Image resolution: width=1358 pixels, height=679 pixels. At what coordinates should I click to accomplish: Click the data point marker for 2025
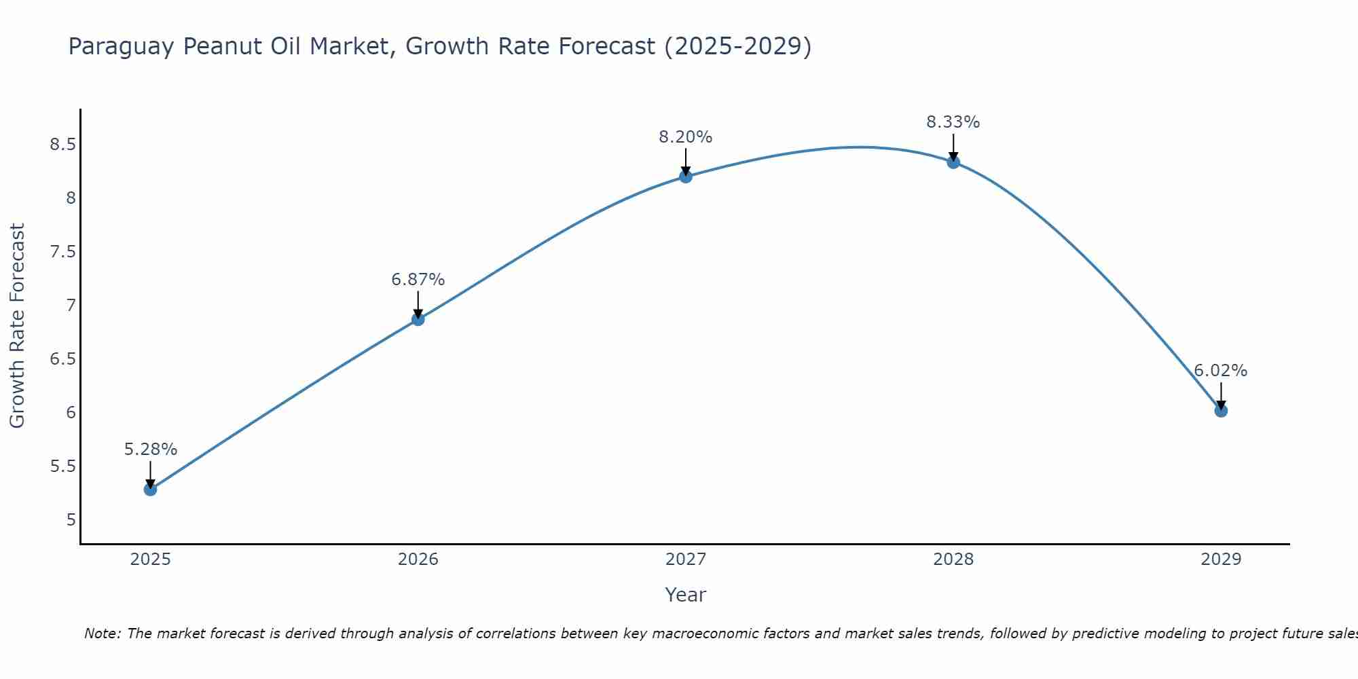[150, 489]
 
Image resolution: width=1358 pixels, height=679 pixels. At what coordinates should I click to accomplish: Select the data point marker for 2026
[418, 319]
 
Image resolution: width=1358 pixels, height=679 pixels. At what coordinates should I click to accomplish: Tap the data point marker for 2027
[685, 177]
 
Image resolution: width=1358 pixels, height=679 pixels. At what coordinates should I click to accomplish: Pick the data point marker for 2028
[953, 162]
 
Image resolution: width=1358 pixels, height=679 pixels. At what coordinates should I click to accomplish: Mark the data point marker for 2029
[1220, 410]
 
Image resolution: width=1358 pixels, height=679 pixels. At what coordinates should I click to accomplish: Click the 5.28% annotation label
[150, 449]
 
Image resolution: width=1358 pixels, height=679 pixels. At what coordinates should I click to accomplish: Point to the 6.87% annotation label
[418, 280]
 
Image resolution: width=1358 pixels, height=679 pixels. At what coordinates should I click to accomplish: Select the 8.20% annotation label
[685, 137]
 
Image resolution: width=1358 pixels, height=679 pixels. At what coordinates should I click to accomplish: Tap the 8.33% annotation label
[953, 122]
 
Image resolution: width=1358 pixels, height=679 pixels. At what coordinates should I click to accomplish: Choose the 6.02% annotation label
[1220, 371]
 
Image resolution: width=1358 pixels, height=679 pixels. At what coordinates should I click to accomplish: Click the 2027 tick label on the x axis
[685, 559]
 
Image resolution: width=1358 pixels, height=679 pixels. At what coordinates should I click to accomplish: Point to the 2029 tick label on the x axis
[1220, 559]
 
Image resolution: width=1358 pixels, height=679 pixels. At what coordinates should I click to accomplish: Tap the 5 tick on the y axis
[71, 520]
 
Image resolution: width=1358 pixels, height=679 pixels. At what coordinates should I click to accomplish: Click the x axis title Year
[685, 595]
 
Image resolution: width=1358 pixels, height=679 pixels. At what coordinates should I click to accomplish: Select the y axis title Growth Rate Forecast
[17, 326]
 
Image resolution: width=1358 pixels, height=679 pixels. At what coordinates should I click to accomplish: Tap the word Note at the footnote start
[102, 634]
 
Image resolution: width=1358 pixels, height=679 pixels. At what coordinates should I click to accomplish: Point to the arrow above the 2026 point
[418, 304]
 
